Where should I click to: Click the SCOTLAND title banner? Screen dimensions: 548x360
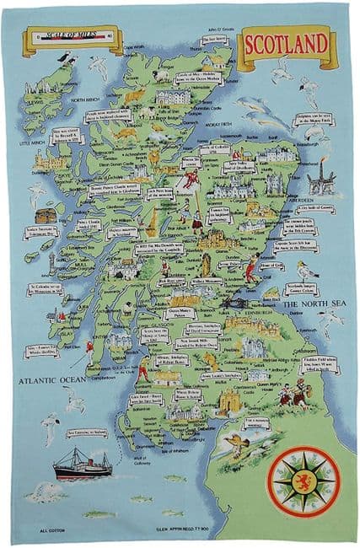click(x=287, y=42)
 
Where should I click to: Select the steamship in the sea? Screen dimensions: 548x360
click(x=80, y=465)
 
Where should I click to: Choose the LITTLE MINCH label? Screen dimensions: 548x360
click(x=32, y=144)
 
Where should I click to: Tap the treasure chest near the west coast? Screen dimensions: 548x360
click(x=46, y=216)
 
